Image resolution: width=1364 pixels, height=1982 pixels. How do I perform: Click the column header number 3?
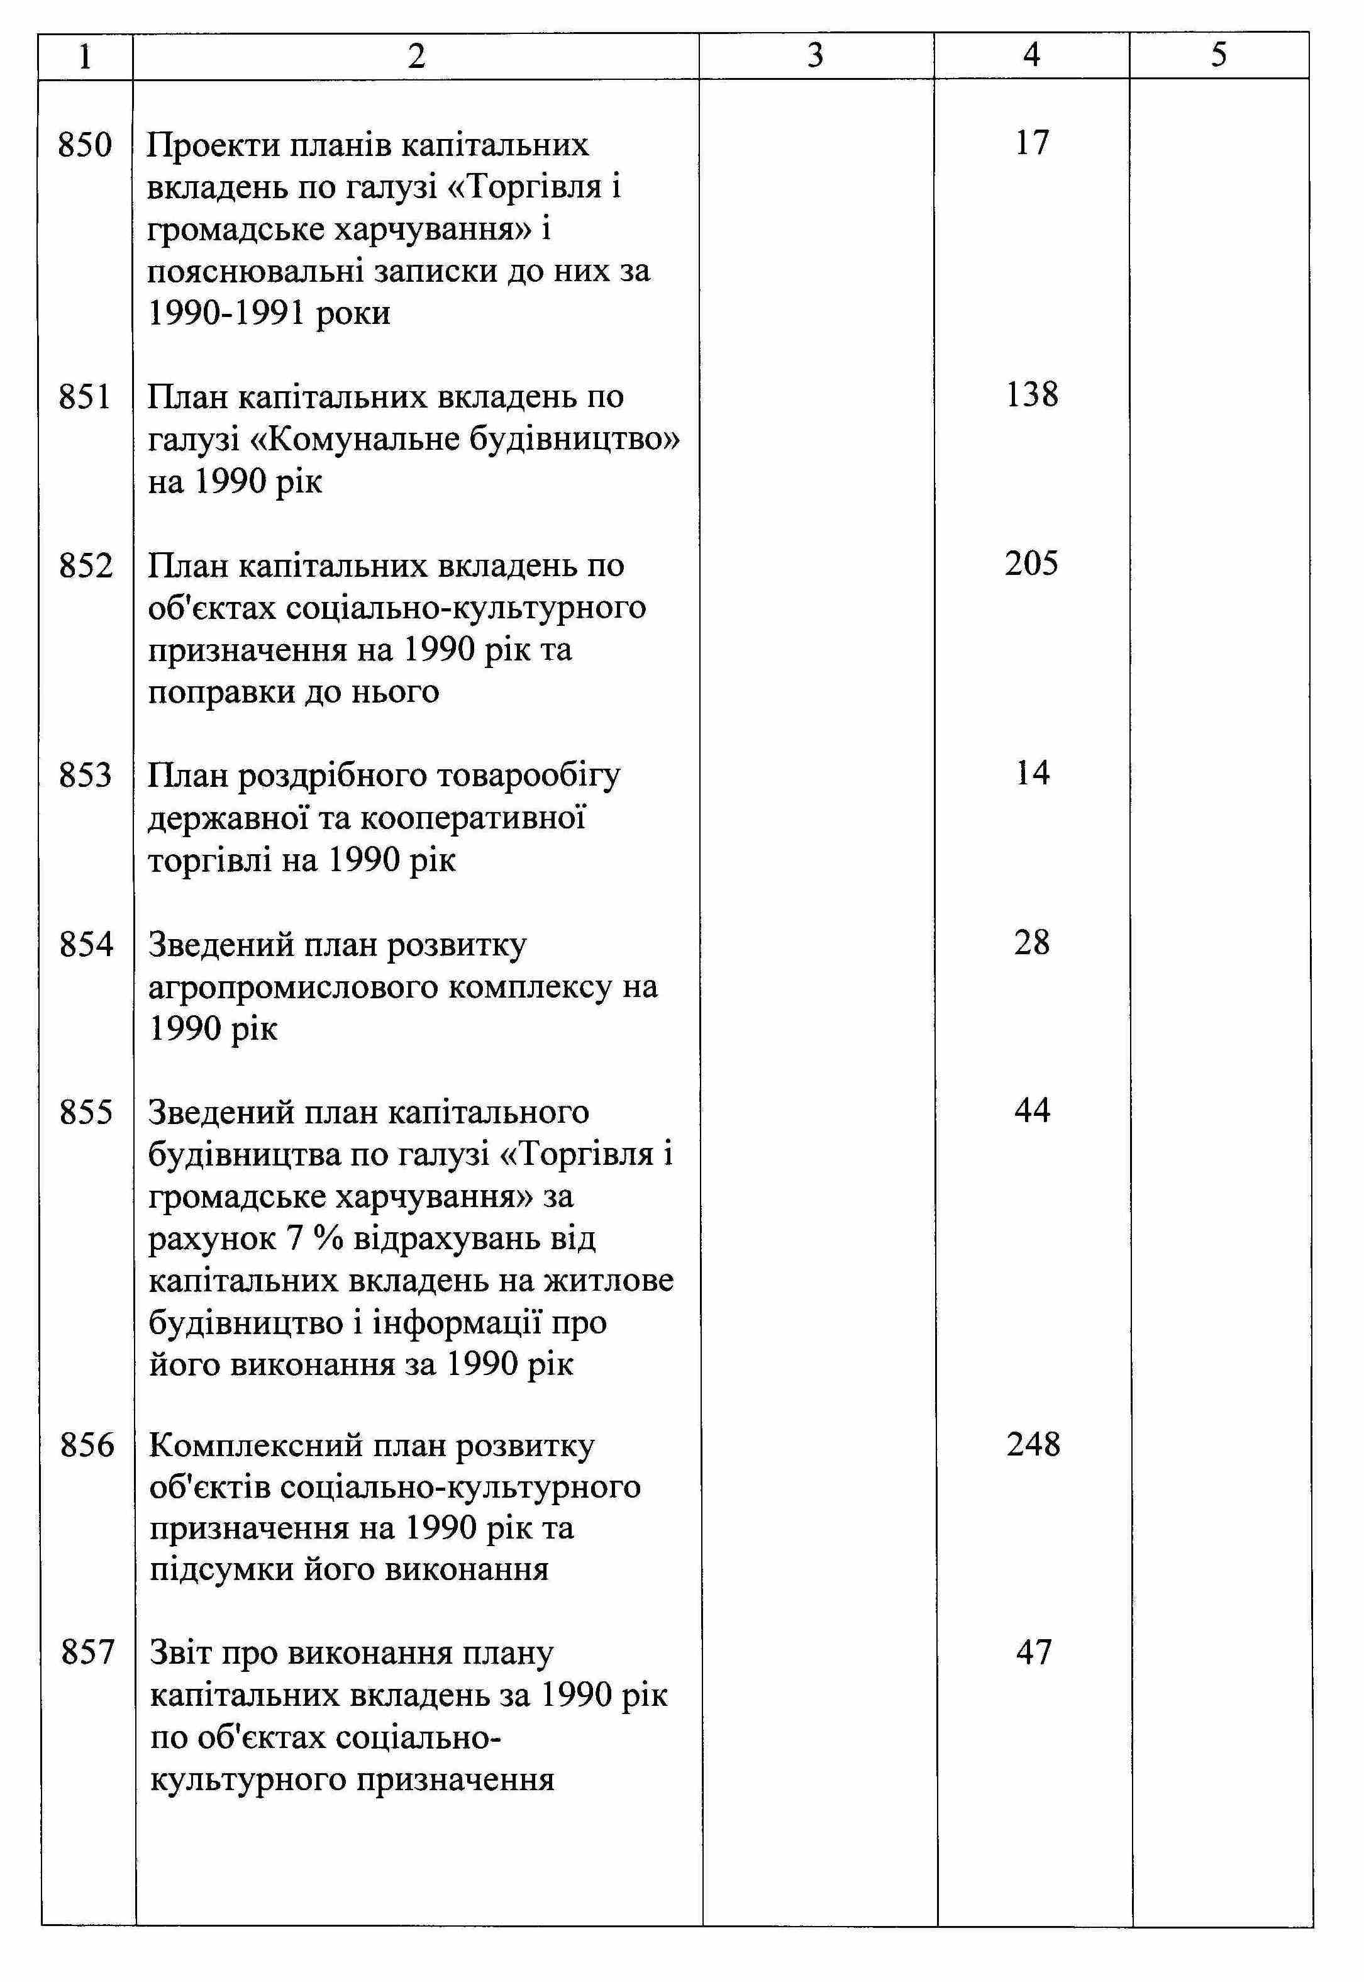(x=816, y=55)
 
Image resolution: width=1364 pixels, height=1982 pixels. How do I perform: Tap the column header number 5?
(x=1219, y=55)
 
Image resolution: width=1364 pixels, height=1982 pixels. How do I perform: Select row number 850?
(x=86, y=145)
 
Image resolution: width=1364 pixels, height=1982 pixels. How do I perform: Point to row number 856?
(x=86, y=1445)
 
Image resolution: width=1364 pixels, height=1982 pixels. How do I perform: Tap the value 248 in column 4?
(x=1033, y=1444)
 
